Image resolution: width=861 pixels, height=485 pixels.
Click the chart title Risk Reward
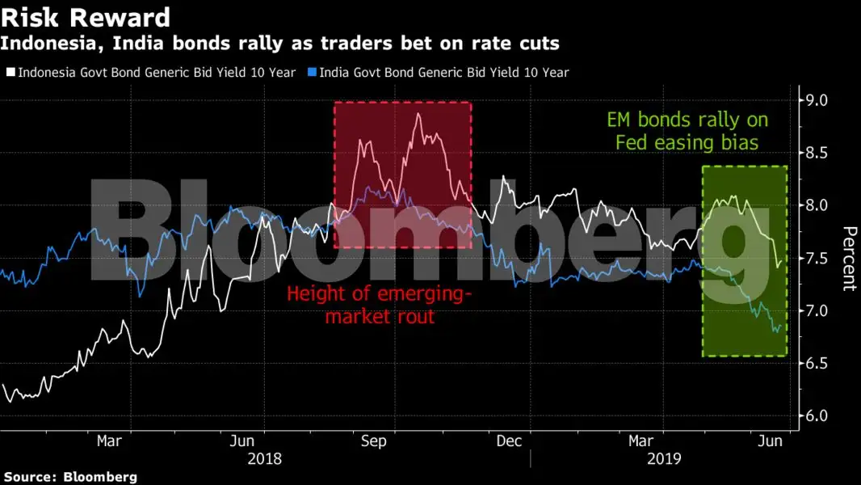[86, 17]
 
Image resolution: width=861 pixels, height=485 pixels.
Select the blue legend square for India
[312, 73]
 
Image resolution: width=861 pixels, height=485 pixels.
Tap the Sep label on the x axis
[373, 441]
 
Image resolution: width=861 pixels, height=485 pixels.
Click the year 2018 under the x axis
[265, 458]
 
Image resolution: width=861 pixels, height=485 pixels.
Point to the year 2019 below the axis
[665, 458]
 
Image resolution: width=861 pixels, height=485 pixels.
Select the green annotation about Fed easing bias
[687, 131]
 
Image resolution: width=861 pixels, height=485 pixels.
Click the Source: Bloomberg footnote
[69, 477]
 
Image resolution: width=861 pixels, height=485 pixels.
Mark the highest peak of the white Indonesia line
[418, 114]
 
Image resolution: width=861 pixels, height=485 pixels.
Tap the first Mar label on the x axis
[109, 441]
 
